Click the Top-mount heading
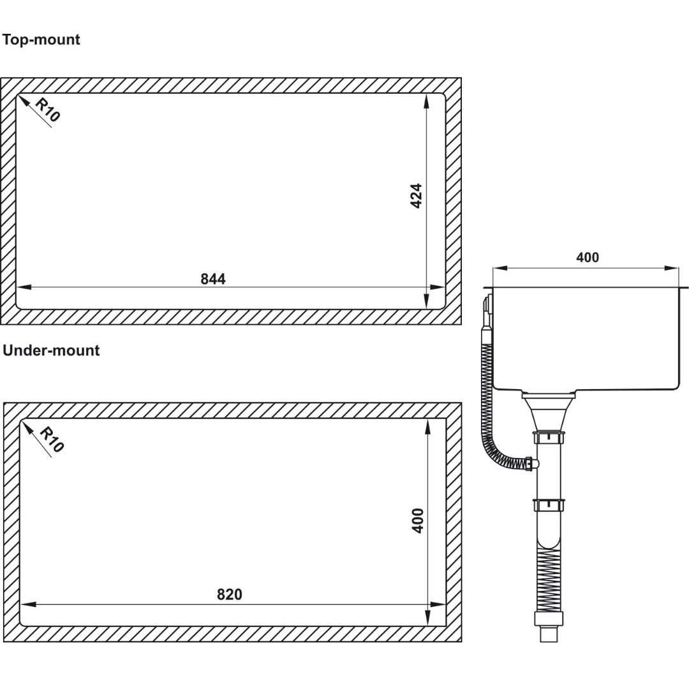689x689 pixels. [x=41, y=40]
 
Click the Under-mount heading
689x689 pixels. [x=51, y=350]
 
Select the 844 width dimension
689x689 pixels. [x=213, y=279]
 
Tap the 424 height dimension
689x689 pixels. [x=416, y=196]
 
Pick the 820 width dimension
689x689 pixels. [x=230, y=595]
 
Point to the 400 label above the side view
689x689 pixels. [x=588, y=258]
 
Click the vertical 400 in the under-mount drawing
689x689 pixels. [x=417, y=521]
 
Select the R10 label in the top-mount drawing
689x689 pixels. [x=47, y=110]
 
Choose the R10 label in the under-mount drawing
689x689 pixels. [x=52, y=440]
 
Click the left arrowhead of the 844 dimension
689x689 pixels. [x=24, y=287]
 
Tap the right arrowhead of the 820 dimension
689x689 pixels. [x=438, y=605]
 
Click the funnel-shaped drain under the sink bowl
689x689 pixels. [x=548, y=411]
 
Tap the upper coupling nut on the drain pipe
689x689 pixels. [x=549, y=438]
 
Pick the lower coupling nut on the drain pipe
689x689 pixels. [x=549, y=505]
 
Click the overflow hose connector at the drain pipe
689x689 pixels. [x=531, y=464]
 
